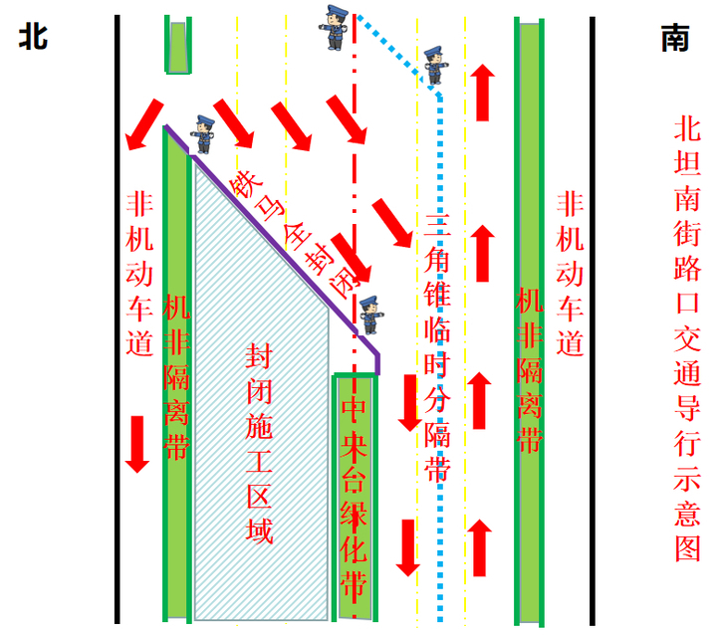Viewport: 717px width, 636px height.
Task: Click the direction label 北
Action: pyautogui.click(x=32, y=37)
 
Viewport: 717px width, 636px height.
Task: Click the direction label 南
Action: pyautogui.click(x=674, y=37)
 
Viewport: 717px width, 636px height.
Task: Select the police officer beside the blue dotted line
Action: pyautogui.click(x=433, y=66)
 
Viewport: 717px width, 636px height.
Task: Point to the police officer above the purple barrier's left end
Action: pyautogui.click(x=204, y=133)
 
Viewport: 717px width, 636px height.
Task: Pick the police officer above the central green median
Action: pyautogui.click(x=369, y=315)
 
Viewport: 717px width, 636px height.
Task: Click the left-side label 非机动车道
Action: pyautogui.click(x=140, y=274)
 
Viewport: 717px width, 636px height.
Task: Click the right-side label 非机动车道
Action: pyautogui.click(x=571, y=274)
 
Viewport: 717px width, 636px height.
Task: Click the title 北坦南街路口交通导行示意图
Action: pyautogui.click(x=687, y=338)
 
